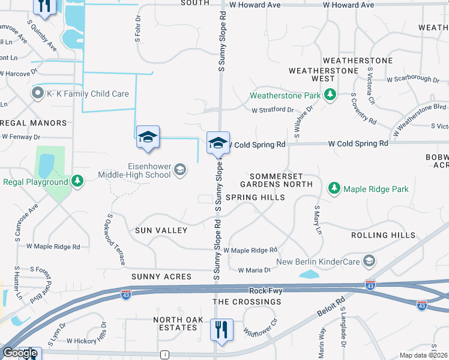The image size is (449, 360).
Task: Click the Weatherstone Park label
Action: click(x=285, y=95)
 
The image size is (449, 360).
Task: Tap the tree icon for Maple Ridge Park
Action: click(x=334, y=189)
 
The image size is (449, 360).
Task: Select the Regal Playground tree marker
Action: click(x=77, y=182)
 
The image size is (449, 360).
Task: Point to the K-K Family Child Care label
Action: click(x=88, y=94)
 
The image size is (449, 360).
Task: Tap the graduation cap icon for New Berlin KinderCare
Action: click(x=369, y=262)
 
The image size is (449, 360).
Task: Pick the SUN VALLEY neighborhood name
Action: click(x=161, y=230)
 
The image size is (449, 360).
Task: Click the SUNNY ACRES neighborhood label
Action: click(x=161, y=277)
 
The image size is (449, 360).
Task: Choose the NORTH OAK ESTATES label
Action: click(x=175, y=324)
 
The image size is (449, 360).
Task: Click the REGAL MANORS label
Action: click(x=34, y=123)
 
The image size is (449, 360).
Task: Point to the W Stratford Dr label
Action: click(x=273, y=110)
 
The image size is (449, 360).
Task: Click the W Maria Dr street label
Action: click(x=257, y=271)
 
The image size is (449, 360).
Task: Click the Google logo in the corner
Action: click(x=20, y=353)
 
